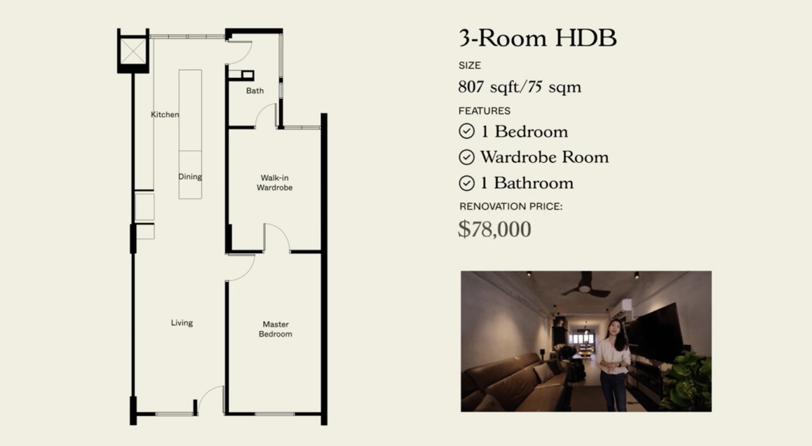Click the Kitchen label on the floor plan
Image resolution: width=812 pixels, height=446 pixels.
(165, 115)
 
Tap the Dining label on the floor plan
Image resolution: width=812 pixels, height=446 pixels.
(190, 176)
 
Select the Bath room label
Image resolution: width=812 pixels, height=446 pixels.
(255, 90)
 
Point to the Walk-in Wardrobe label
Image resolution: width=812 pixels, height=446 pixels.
(274, 183)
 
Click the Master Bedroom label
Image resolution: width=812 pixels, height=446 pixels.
(275, 329)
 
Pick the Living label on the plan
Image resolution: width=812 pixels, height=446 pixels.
(182, 322)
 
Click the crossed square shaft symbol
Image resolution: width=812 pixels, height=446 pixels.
(133, 51)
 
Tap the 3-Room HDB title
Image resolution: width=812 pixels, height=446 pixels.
(537, 38)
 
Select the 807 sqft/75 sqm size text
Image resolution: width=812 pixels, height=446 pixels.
(520, 87)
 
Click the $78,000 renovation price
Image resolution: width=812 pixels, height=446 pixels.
(494, 229)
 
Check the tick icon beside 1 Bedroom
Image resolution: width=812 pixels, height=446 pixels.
(467, 131)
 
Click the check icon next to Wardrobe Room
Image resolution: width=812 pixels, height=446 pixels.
(467, 157)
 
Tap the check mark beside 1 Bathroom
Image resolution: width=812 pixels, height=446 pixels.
(467, 183)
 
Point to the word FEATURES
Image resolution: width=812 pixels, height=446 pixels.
(484, 111)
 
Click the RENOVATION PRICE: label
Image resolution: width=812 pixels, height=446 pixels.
(511, 207)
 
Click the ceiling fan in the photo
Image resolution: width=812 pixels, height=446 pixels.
(585, 286)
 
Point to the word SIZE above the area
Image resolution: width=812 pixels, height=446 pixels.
(469, 66)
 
